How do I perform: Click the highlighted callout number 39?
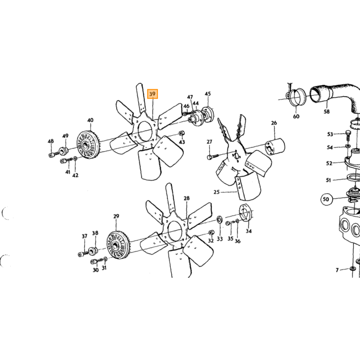coord(152,94)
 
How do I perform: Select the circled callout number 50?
coord(326,199)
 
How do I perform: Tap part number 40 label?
coord(90,120)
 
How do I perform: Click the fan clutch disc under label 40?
coord(88,145)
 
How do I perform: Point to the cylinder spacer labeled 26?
coord(275,147)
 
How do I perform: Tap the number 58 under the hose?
coord(327,112)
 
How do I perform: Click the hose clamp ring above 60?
coord(296,97)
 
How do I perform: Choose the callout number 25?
coord(217,192)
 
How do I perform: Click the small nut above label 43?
coord(182,133)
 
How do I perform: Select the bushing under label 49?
coord(63,151)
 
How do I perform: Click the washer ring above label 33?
coord(219,219)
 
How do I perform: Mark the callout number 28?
coord(187,198)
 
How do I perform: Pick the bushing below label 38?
coord(93,250)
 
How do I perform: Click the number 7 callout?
coord(337,270)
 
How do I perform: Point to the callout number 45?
coord(208,94)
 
